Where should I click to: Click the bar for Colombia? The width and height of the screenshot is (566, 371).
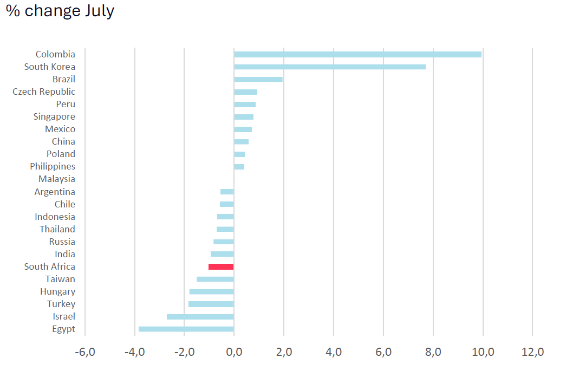(x=357, y=55)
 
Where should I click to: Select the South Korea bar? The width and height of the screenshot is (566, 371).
(x=329, y=67)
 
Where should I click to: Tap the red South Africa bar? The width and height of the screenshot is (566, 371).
(x=221, y=266)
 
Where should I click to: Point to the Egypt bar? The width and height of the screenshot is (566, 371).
(x=186, y=329)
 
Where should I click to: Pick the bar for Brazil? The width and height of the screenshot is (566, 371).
(x=258, y=80)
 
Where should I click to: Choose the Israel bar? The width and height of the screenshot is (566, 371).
(x=200, y=317)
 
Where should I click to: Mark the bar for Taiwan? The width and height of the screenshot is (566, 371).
(x=215, y=279)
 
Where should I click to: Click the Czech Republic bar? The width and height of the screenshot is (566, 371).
(x=245, y=92)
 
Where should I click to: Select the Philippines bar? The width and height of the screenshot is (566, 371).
(x=239, y=167)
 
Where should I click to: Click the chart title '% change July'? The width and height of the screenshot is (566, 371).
(x=60, y=11)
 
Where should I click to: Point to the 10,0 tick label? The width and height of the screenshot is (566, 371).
(x=483, y=352)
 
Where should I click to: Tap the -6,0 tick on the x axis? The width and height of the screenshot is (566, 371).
(x=85, y=352)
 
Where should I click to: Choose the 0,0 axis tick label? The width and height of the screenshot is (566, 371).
(x=234, y=352)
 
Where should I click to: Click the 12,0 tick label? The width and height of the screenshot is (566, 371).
(x=532, y=352)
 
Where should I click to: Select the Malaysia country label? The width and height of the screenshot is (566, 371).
(x=57, y=179)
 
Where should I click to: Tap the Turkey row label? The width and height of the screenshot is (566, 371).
(x=61, y=304)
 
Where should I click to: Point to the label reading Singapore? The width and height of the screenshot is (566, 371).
(x=54, y=117)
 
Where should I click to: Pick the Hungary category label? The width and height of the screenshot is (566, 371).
(x=58, y=291)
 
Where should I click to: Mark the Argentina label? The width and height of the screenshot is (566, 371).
(x=55, y=192)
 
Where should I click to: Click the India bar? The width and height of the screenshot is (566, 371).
(x=222, y=255)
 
